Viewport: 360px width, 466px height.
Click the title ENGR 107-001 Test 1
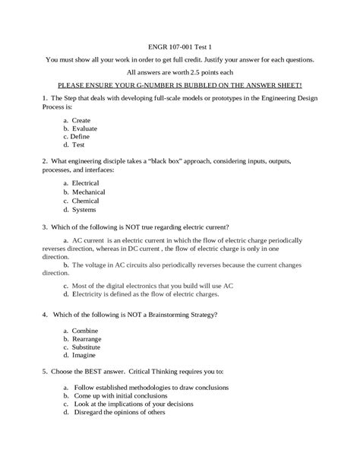[x=179, y=44]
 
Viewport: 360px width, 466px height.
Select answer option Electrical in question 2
[x=86, y=183]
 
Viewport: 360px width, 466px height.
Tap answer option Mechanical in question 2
[x=88, y=192]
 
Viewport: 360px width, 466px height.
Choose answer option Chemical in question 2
[x=86, y=200]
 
